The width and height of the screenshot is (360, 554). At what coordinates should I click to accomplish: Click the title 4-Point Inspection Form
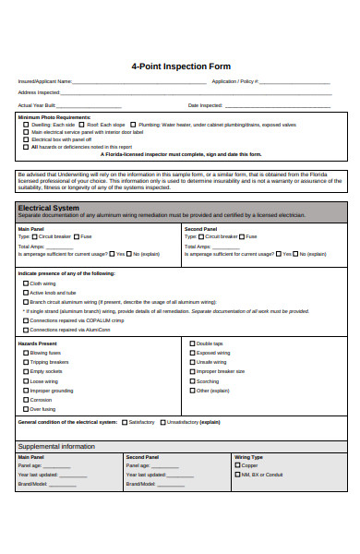[x=180, y=66]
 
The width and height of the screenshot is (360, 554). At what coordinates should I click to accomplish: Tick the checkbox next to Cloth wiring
[x=25, y=283]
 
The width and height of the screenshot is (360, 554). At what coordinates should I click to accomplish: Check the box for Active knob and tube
[x=25, y=293]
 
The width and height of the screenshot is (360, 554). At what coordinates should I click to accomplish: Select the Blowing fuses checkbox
[x=25, y=353]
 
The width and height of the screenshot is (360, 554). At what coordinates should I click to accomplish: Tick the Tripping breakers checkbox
[x=25, y=362]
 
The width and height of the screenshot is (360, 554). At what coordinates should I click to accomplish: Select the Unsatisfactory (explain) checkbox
[x=162, y=422]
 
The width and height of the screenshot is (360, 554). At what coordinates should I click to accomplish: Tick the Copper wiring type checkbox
[x=237, y=465]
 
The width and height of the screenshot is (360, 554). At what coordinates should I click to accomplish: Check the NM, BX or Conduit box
[x=237, y=475]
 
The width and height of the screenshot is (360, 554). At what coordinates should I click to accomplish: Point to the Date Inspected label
[x=205, y=104]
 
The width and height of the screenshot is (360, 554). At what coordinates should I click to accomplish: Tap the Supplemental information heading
[x=56, y=447]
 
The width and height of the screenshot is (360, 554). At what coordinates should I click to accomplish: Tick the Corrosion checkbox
[x=25, y=399]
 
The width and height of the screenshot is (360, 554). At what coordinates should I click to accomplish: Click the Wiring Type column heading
[x=249, y=457]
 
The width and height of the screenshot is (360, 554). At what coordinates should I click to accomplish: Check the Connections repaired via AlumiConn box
[x=25, y=329]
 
